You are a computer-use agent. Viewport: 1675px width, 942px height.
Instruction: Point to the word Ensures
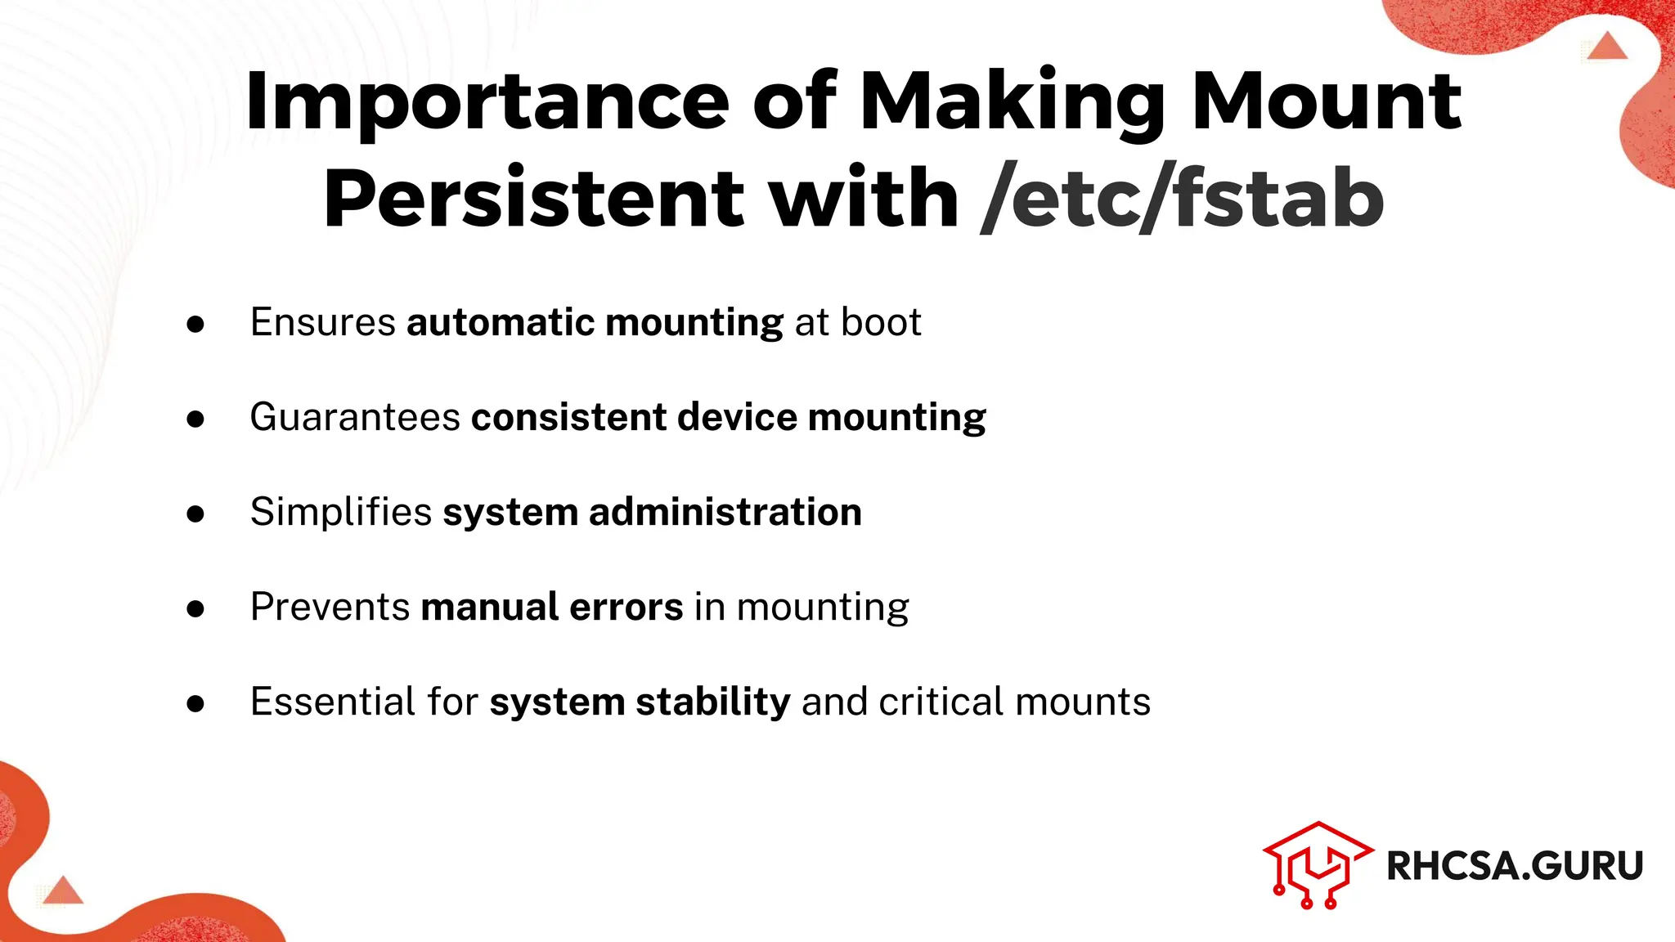pyautogui.click(x=323, y=322)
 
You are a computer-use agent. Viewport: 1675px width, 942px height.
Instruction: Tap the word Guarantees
pyautogui.click(x=355, y=417)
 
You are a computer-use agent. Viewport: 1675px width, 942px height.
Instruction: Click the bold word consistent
pyautogui.click(x=569, y=417)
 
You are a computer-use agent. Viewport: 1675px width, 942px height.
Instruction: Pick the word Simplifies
pyautogui.click(x=341, y=512)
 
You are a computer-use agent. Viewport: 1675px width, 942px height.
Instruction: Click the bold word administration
pyautogui.click(x=725, y=512)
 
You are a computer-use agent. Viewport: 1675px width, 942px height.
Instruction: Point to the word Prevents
pyautogui.click(x=330, y=607)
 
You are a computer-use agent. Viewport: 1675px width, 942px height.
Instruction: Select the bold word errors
pyautogui.click(x=626, y=607)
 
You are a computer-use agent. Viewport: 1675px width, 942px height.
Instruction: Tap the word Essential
pyautogui.click(x=333, y=702)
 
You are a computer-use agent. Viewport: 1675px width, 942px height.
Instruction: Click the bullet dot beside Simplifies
pyautogui.click(x=195, y=514)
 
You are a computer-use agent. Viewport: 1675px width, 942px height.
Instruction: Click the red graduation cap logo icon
pyautogui.click(x=1317, y=865)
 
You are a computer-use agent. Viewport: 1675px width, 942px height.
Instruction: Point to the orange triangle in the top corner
pyautogui.click(x=1608, y=47)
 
